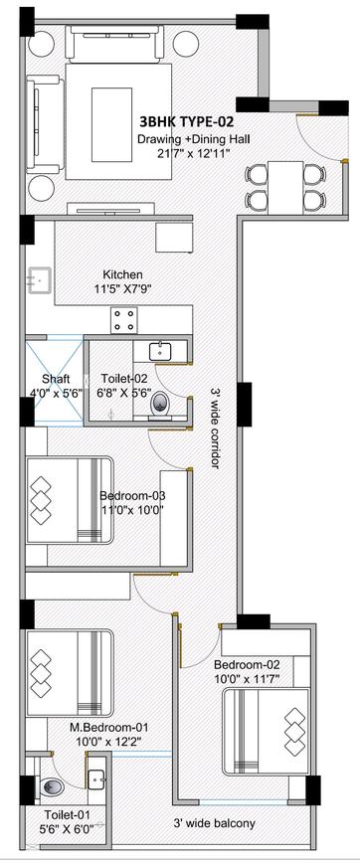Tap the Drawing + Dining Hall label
194,139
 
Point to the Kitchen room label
123,273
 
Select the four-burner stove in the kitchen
124,320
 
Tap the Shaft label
56,379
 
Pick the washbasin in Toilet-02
160,350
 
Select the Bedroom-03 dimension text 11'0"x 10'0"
132,509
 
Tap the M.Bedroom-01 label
109,727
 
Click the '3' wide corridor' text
215,428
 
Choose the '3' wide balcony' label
215,823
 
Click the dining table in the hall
285,187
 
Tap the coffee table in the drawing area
111,124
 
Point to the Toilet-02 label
118,379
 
